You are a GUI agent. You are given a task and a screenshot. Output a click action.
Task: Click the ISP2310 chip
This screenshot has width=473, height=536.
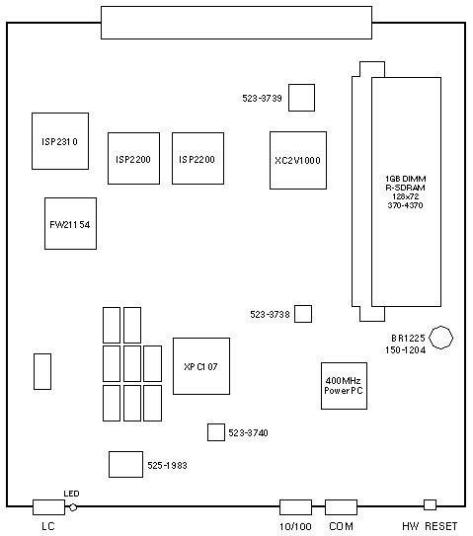(60, 141)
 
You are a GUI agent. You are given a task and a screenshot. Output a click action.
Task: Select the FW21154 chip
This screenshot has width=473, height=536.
(70, 223)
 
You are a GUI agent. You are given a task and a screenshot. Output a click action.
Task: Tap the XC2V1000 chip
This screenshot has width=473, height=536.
(298, 160)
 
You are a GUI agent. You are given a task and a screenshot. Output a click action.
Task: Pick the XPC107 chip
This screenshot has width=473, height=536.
(201, 366)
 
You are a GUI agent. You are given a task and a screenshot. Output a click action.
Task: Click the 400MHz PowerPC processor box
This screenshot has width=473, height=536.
(344, 386)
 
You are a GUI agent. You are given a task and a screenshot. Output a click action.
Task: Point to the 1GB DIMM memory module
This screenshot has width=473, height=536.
(406, 191)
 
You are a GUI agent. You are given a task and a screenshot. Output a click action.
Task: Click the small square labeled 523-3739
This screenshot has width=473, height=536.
(301, 98)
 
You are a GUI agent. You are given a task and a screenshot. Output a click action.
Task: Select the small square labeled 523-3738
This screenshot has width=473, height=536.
(303, 314)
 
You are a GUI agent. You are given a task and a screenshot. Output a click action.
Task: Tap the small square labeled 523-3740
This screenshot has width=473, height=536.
(216, 432)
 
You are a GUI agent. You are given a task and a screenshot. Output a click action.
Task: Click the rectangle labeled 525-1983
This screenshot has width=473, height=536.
(125, 465)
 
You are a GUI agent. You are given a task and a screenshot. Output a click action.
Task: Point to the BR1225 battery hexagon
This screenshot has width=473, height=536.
(441, 338)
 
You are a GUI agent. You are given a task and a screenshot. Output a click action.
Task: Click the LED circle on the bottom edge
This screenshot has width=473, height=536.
(73, 507)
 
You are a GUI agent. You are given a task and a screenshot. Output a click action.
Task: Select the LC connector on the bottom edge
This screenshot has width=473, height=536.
(49, 507)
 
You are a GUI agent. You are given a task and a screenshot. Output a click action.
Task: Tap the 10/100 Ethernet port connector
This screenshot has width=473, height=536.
(296, 507)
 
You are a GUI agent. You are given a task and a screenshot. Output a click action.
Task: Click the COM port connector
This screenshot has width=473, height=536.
(342, 507)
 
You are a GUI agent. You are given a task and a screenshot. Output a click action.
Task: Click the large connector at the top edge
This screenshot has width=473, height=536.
(236, 23)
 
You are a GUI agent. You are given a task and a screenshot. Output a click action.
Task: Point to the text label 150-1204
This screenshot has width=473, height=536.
(405, 350)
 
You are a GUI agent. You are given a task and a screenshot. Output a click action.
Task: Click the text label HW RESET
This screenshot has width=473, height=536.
(430, 526)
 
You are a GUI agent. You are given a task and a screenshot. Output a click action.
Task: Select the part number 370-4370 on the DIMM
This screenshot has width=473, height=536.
(405, 205)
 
